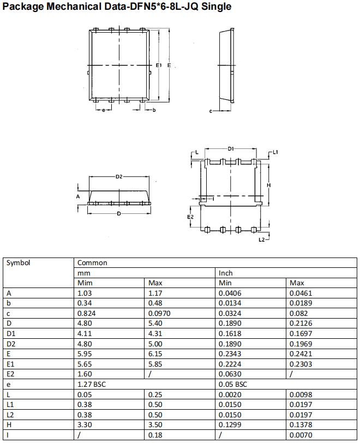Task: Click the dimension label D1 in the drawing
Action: [231, 148]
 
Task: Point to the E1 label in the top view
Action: [159, 65]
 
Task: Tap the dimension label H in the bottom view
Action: [269, 185]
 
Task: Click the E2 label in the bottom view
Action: [190, 217]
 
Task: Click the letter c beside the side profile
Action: [211, 111]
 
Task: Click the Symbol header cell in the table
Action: [19, 262]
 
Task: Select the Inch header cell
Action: [226, 273]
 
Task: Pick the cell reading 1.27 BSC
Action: [92, 384]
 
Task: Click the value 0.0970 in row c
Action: [160, 313]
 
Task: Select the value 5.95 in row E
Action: [85, 354]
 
